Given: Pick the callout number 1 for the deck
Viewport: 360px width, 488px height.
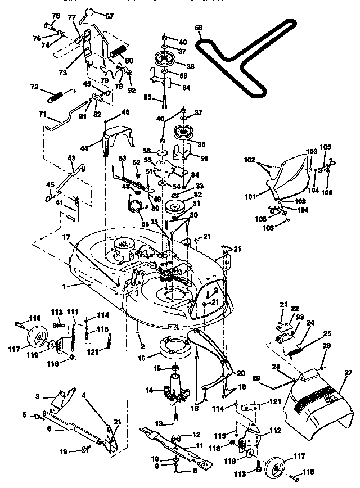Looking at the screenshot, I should (66, 286).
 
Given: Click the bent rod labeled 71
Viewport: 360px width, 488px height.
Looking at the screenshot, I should (64, 120).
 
